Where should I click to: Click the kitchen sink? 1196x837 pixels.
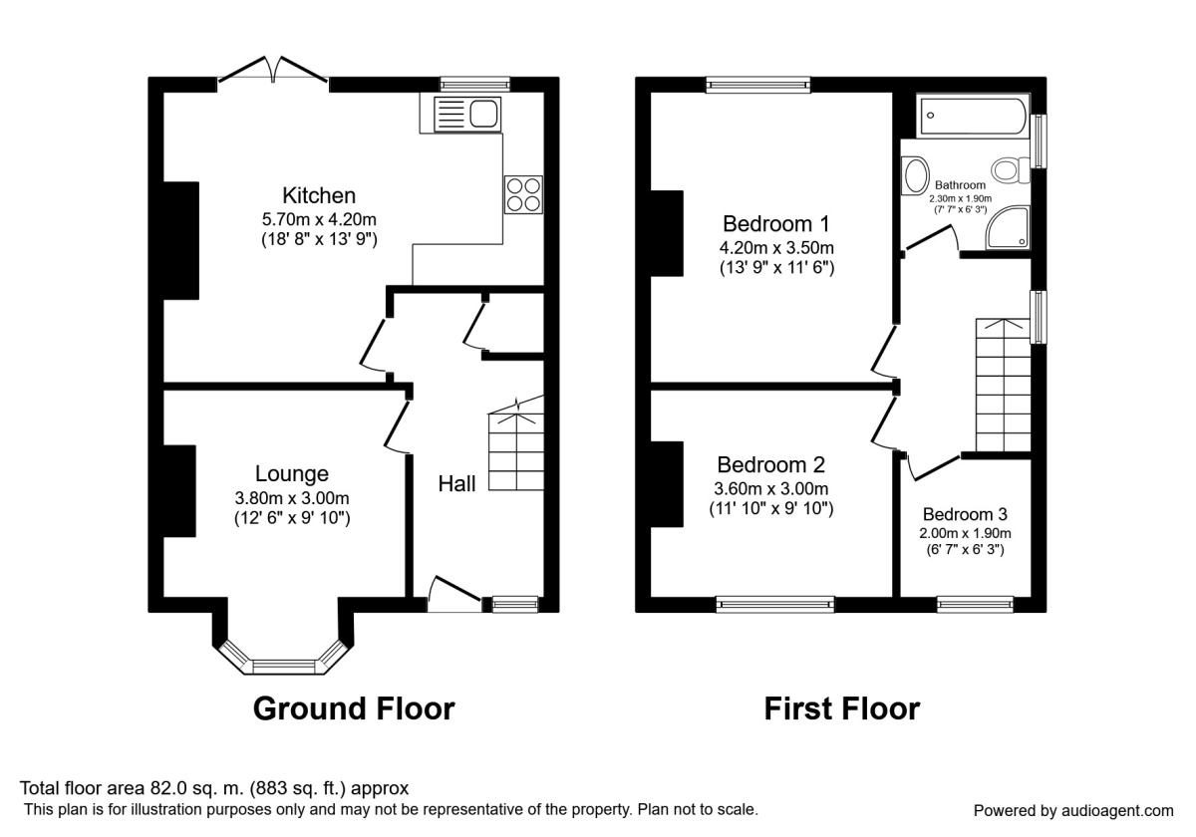pos(467,114)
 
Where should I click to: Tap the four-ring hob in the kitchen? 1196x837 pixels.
pos(523,195)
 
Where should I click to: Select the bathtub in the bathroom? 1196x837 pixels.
pos(973,116)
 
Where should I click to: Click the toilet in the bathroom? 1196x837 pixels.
pos(1010,170)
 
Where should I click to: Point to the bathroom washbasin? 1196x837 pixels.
pos(915,175)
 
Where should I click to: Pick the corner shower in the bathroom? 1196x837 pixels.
pos(1008,227)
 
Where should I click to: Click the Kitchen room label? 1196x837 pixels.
pos(319,195)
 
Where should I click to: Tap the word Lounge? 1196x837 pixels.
pos(291,474)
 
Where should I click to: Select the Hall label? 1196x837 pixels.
pos(456,483)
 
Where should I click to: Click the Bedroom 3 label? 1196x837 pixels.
pos(965,514)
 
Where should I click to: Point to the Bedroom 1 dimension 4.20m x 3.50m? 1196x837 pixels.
pos(776,248)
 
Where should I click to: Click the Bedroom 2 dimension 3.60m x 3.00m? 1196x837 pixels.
pos(771,488)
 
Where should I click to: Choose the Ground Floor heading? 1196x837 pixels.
pos(354,708)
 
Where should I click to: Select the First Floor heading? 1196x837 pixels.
pos(842,708)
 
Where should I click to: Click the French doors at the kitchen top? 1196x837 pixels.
pos(273,70)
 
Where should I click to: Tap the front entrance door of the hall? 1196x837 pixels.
pos(454,593)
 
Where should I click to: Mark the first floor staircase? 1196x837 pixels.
pos(1004,385)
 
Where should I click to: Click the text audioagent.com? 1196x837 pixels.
pos(1117,811)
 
